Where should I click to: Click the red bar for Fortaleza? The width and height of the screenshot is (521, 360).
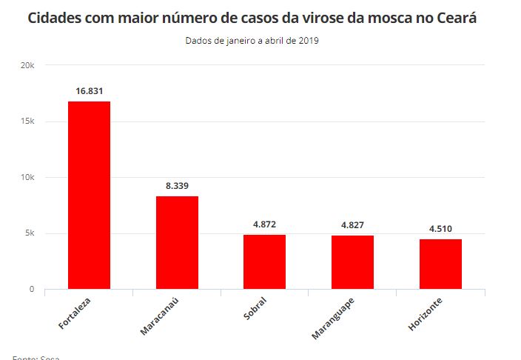tap(89, 195)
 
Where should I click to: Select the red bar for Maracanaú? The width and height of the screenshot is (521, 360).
tap(177, 242)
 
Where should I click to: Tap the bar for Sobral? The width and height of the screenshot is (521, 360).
tap(264, 261)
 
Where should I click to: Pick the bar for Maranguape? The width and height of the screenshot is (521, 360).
tap(352, 261)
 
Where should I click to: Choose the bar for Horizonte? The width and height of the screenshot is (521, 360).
tap(440, 264)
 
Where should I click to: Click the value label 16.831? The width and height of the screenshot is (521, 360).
tap(89, 91)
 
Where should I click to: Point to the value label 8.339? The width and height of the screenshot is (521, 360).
tap(177, 186)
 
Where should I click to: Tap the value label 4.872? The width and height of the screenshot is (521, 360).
tap(264, 224)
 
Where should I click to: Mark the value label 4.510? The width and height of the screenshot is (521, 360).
tap(440, 229)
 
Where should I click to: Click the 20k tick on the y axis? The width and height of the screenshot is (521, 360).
tap(27, 65)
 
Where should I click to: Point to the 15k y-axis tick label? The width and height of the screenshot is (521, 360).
tap(27, 121)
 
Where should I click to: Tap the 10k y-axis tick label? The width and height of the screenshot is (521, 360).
tap(27, 178)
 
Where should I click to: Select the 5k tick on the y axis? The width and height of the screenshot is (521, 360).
tap(30, 233)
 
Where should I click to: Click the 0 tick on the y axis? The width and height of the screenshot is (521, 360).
tap(32, 290)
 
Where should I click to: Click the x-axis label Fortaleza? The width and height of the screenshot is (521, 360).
tap(75, 314)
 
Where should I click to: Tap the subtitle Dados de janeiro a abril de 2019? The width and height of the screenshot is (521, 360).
tap(252, 41)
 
